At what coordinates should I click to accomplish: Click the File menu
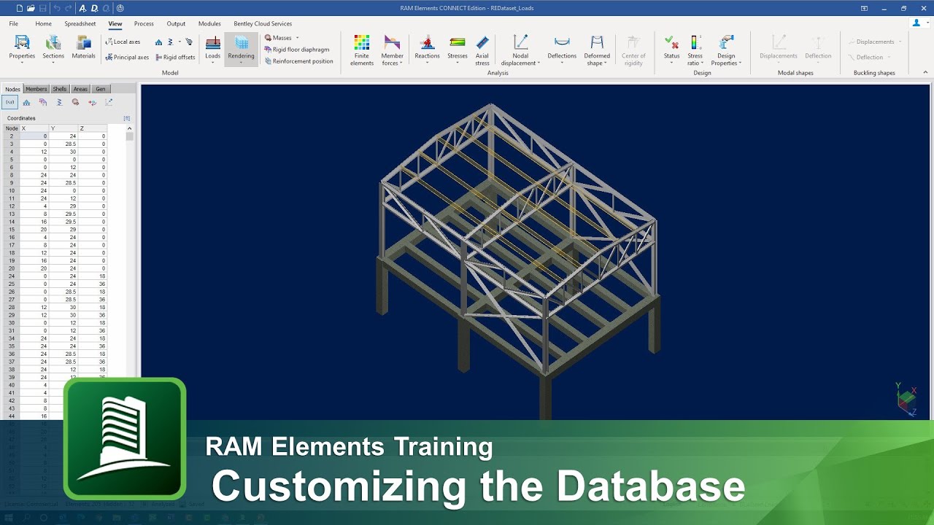13,23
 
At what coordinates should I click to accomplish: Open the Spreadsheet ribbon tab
80,23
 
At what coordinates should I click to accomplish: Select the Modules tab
209,23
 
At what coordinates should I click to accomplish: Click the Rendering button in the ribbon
241,49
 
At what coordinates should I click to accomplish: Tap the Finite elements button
362,50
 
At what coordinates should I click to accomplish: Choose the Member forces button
392,50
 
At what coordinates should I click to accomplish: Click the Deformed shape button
597,50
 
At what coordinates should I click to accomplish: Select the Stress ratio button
695,50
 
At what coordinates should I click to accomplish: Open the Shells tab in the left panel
60,89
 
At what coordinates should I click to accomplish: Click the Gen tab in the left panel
101,89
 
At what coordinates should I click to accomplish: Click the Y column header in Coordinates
53,128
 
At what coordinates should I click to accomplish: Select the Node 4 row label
12,152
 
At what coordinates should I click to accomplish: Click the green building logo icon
125,438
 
